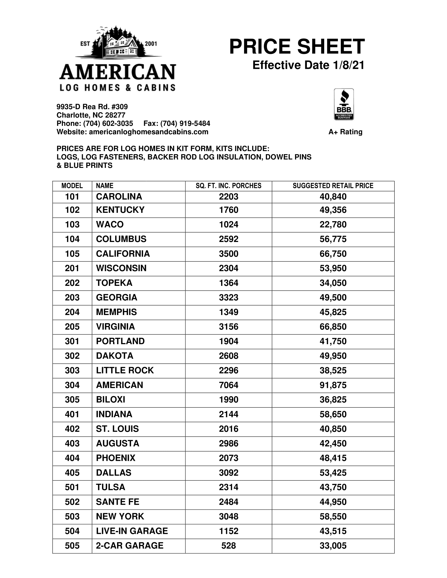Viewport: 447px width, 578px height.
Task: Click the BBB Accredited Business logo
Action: [x=344, y=104]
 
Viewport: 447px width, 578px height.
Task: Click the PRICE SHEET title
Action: [x=297, y=47]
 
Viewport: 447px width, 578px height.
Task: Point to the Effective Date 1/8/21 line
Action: [x=308, y=65]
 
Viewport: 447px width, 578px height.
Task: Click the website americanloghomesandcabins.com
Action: [x=148, y=132]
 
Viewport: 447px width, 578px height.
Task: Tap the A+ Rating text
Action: [x=345, y=132]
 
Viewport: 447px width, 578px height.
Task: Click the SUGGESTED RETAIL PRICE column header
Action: [x=333, y=186]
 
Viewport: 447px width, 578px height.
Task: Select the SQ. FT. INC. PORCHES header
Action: [x=228, y=186]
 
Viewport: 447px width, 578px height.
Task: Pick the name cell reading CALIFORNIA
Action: [x=123, y=254]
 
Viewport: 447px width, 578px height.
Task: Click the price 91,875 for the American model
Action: [x=333, y=385]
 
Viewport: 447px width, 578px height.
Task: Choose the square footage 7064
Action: [x=228, y=385]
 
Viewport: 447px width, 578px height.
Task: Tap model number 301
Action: [x=72, y=341]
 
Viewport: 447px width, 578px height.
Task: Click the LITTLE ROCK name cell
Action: [x=125, y=370]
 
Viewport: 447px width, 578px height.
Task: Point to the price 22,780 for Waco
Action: [x=333, y=224]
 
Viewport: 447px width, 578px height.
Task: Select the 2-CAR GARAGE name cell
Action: [x=129, y=545]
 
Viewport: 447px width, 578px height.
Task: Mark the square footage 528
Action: [x=228, y=545]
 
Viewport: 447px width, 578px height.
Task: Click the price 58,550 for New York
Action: [x=333, y=516]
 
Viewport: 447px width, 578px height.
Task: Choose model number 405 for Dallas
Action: [x=72, y=472]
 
